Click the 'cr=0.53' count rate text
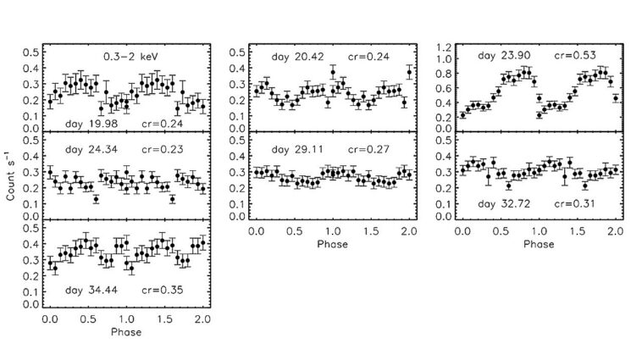pyautogui.click(x=576, y=56)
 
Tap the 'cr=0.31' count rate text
pyautogui.click(x=576, y=204)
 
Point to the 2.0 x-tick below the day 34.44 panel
pyautogui.click(x=202, y=320)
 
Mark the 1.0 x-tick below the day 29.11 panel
pyautogui.click(x=332, y=230)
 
